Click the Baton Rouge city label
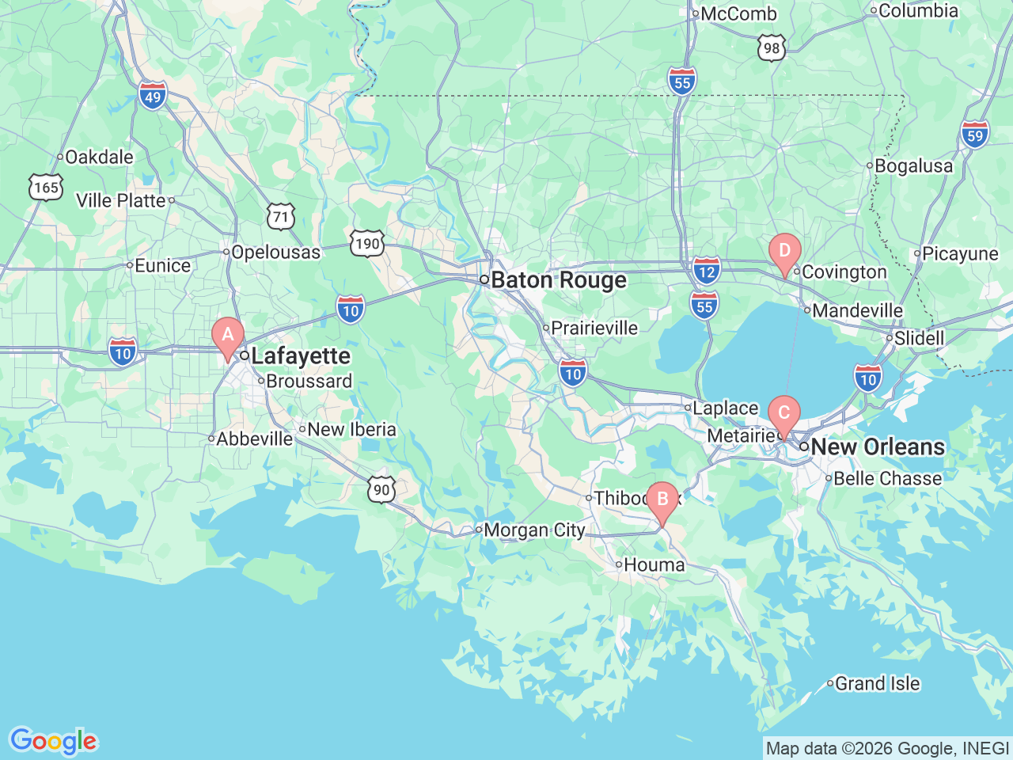[558, 280]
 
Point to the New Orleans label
[877, 446]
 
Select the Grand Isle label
[877, 683]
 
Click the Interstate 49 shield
[152, 96]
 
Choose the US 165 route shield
[46, 188]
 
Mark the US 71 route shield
[281, 216]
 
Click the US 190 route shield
[367, 243]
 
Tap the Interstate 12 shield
[706, 271]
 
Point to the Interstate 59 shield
[975, 134]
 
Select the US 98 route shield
[771, 47]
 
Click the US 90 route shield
[381, 489]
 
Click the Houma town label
[654, 564]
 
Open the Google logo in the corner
[52, 742]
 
